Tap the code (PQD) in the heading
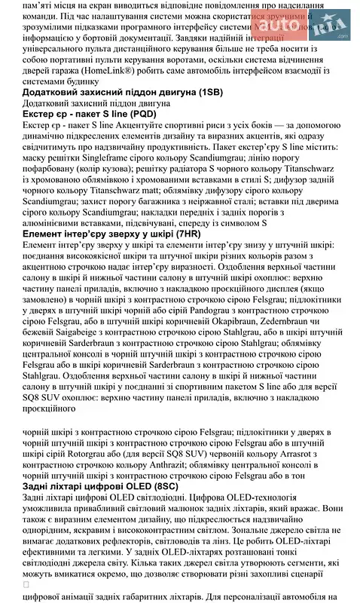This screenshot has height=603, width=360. point(139,113)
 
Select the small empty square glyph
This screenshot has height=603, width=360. point(27,583)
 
